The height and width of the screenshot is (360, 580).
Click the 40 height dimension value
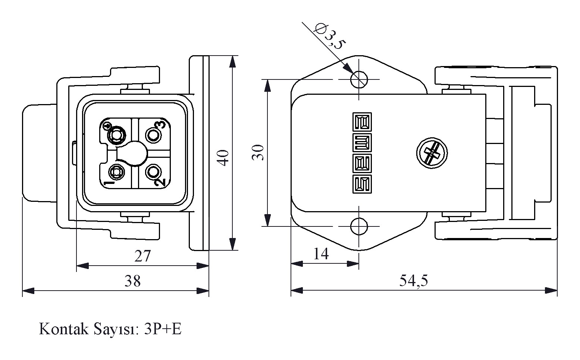223,157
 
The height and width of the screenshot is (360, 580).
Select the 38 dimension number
132,281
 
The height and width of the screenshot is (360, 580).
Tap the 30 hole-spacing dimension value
258,152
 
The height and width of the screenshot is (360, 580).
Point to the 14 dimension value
321,254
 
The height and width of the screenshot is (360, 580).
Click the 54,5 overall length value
413,281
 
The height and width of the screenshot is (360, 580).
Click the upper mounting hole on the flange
359,79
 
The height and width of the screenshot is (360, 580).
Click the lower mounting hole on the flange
359,226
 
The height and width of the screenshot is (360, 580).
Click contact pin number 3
153,135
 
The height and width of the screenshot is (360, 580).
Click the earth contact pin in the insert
116,135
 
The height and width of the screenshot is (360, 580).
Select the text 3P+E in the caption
163,329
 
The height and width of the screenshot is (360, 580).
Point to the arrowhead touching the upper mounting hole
348,69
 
